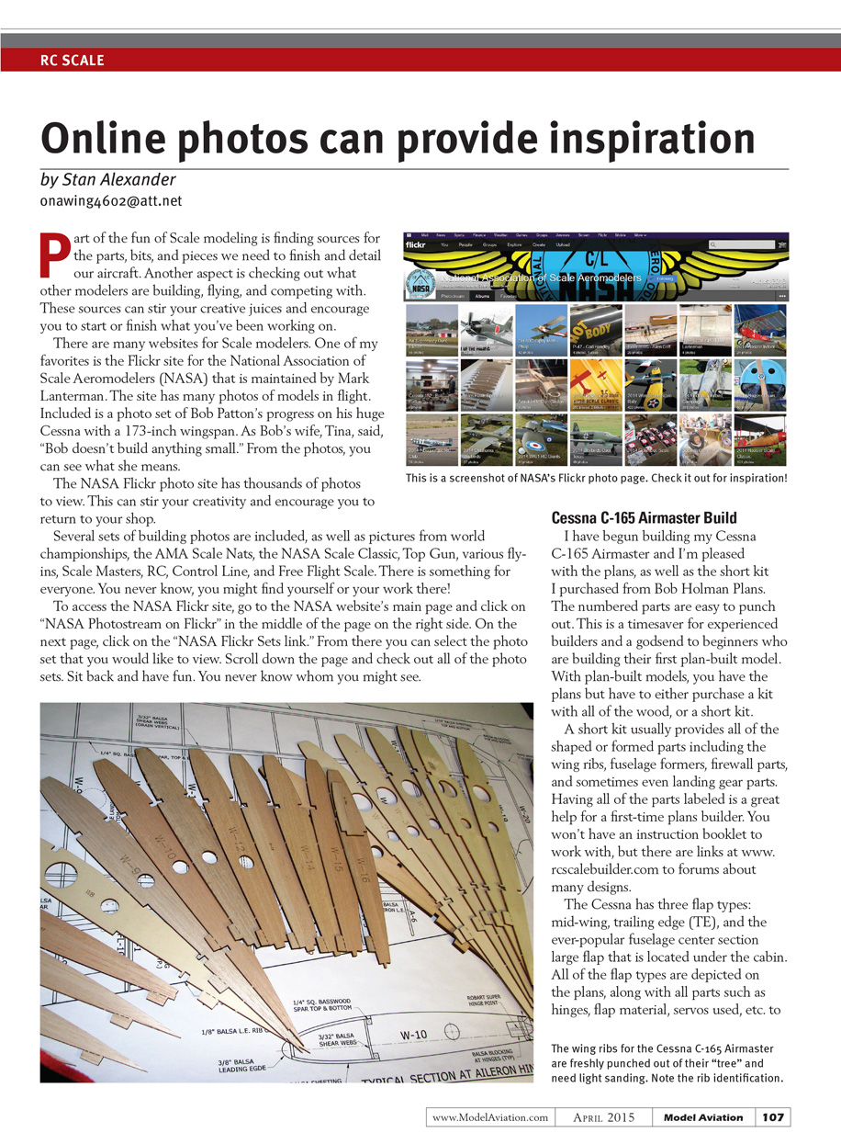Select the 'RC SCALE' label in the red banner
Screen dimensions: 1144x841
click(x=73, y=61)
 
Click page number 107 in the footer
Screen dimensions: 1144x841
click(x=772, y=1116)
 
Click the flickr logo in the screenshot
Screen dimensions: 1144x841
click(x=420, y=245)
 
